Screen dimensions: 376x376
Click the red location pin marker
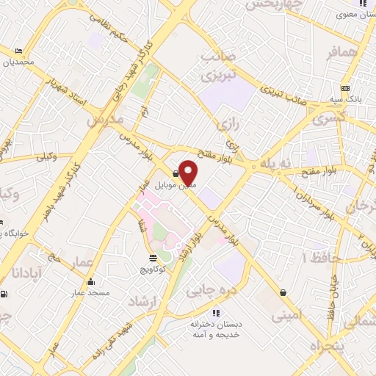tap(189, 173)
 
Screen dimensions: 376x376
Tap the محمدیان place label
tap(17, 62)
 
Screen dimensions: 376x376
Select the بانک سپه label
tap(344, 99)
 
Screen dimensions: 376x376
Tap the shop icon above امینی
tap(283, 292)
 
